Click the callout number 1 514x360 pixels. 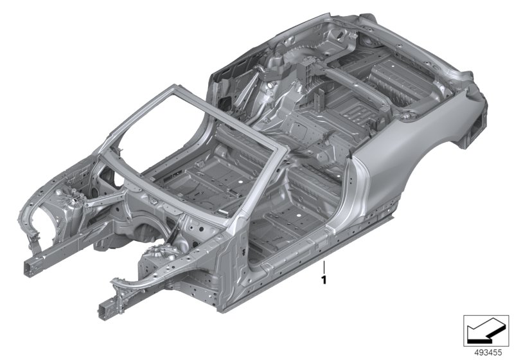tap(324, 280)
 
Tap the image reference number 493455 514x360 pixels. tap(488, 352)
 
